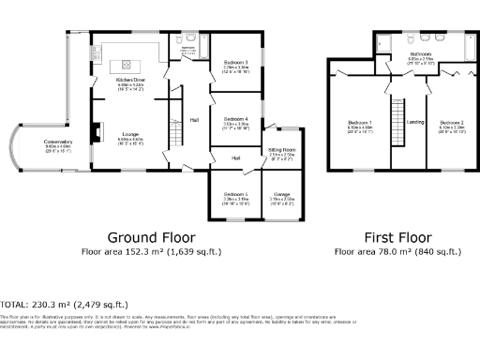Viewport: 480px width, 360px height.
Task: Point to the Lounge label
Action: (130, 134)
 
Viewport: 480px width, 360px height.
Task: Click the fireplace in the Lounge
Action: (93, 131)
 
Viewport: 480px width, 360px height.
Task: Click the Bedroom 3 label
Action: (235, 63)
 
